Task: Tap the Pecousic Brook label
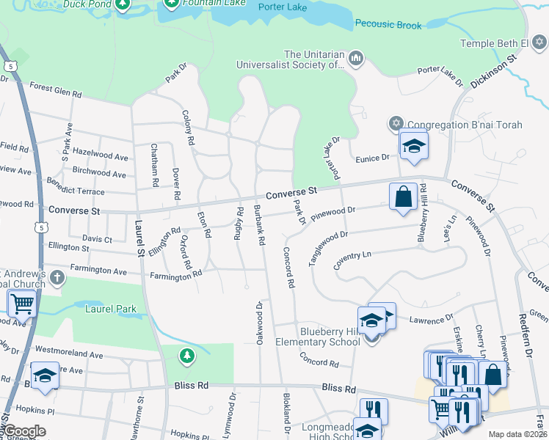[388, 25]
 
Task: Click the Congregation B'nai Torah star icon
[396, 124]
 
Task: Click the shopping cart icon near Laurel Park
[22, 302]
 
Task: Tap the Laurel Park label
[110, 309]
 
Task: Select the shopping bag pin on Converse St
[403, 197]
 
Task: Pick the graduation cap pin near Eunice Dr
[414, 146]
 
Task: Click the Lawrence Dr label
[432, 320]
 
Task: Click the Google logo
[23, 431]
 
